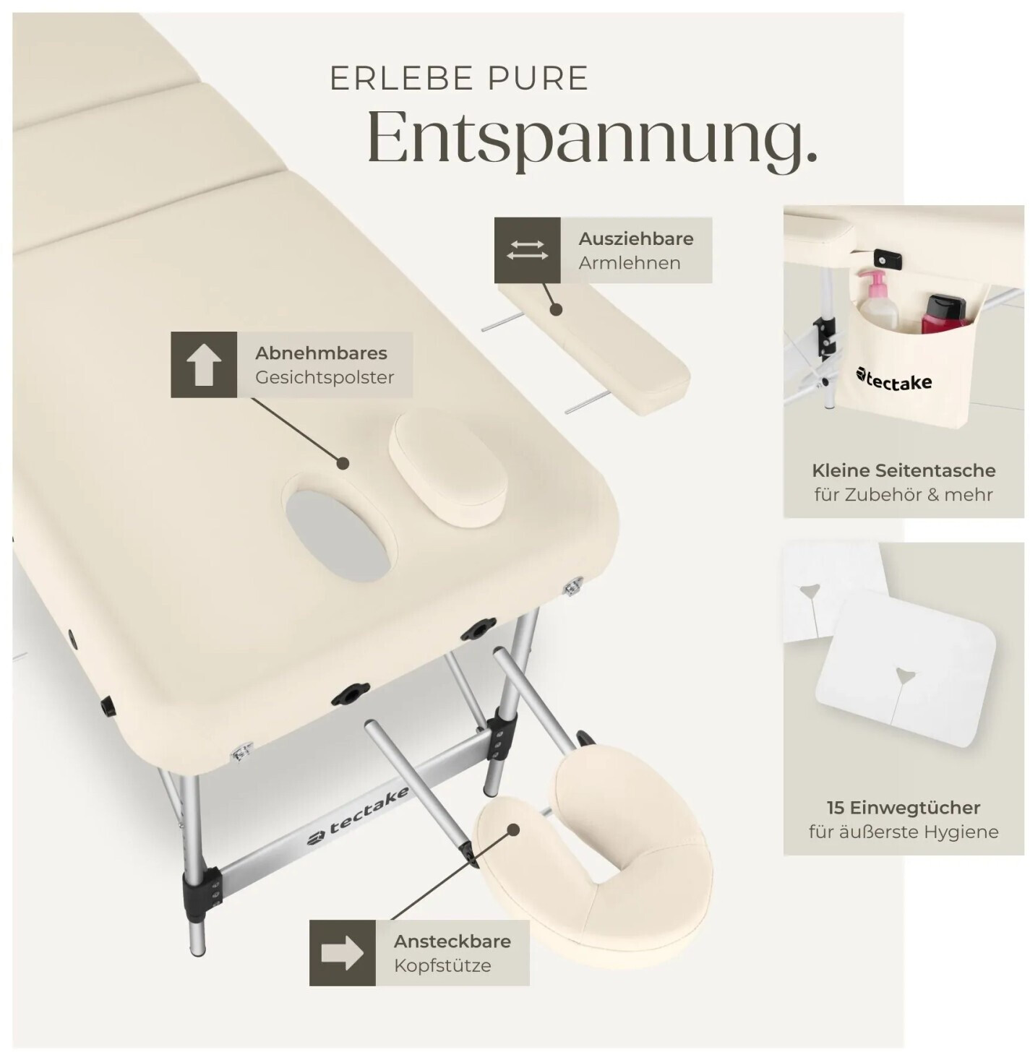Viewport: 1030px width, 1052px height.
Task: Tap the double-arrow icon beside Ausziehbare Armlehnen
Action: (x=527, y=250)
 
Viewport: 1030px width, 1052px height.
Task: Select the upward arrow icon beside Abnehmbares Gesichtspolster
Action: (x=204, y=365)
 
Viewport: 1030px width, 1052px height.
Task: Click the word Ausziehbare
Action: (x=635, y=238)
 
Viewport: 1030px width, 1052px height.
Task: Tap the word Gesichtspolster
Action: (x=325, y=377)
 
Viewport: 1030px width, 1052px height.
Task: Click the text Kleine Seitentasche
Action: (x=904, y=470)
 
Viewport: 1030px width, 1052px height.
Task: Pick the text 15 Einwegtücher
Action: (x=904, y=807)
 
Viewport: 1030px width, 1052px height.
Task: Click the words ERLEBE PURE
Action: (x=459, y=79)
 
